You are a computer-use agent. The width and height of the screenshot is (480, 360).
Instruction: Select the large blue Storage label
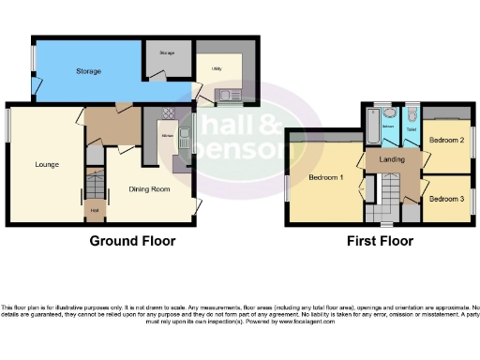(88, 71)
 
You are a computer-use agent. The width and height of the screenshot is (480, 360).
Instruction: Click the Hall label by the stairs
(95, 211)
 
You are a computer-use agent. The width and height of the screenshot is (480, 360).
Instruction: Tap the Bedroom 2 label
(446, 140)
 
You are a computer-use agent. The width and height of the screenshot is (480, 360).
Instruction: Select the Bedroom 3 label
(446, 199)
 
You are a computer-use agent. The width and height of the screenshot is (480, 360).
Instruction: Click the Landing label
(392, 159)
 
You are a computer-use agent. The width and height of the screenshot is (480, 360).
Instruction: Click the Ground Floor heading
(132, 242)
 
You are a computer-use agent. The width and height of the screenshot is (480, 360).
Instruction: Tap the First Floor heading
(380, 242)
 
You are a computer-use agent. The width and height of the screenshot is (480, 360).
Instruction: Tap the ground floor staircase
(93, 179)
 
